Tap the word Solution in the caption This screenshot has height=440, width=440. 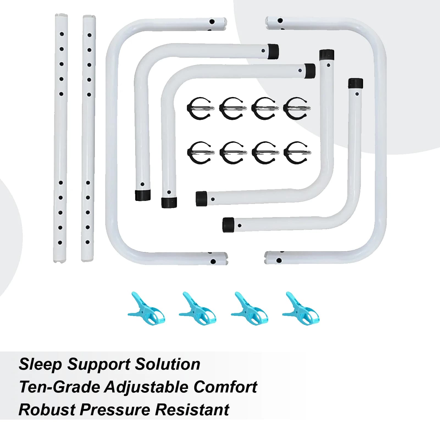tap(168, 364)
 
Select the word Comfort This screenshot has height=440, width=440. tap(225, 387)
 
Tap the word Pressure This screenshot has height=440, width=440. tap(115, 410)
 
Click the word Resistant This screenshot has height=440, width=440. tap(192, 410)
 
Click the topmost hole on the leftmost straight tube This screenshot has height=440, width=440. tap(62, 34)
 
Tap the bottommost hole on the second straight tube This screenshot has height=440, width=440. tap(88, 242)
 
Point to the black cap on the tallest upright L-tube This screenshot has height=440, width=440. tap(327, 55)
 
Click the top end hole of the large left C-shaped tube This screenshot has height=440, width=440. tap(212, 21)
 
